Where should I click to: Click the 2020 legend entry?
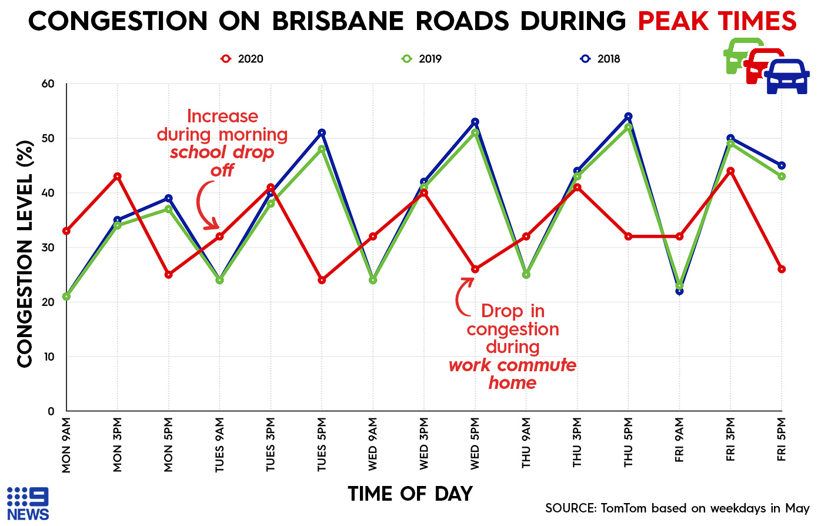tap(242, 59)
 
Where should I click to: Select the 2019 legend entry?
tap(422, 59)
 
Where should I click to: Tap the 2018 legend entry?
tap(600, 59)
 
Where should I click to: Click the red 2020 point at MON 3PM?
tap(118, 177)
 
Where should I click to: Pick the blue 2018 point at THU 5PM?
tap(628, 116)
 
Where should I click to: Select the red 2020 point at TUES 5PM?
tap(322, 280)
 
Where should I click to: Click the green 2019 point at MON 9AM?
tap(66, 297)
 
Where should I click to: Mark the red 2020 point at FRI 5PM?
tap(782, 269)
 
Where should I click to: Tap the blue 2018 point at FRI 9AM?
tap(679, 291)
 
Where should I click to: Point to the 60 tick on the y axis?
tap(48, 84)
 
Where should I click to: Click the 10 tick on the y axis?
tap(48, 357)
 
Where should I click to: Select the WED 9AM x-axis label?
tap(373, 445)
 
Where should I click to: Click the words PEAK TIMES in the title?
tap(717, 22)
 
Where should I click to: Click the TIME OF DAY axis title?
tap(410, 494)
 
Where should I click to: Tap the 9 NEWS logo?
tap(28, 504)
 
